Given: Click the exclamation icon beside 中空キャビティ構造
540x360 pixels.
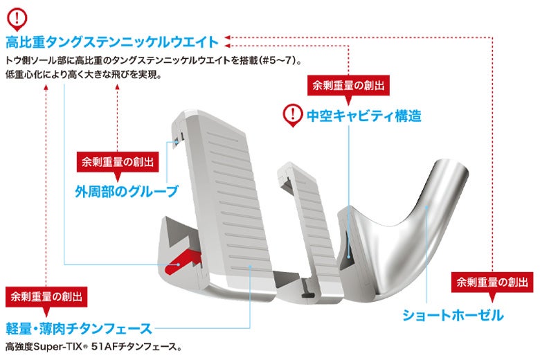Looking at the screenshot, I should click(x=294, y=114).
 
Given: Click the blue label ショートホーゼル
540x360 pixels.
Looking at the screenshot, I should click(x=453, y=316).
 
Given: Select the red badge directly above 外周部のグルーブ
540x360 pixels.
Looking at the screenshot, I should click(x=116, y=163).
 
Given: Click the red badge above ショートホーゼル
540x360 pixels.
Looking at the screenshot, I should click(x=491, y=282).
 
